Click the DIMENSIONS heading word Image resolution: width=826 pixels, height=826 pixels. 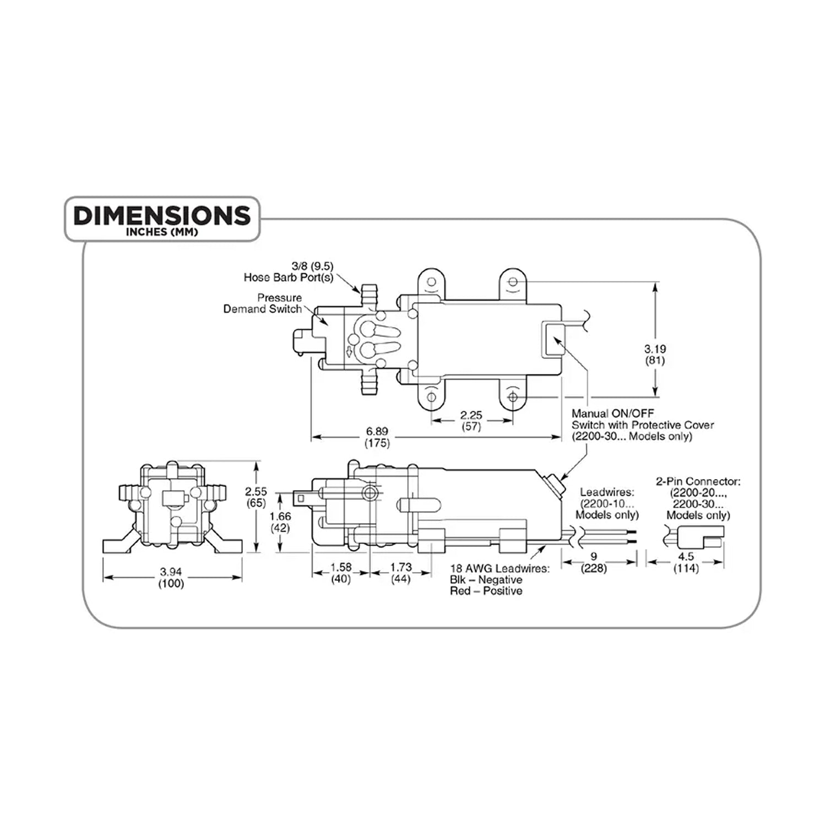[162, 215]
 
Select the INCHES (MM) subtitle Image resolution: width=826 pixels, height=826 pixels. [162, 232]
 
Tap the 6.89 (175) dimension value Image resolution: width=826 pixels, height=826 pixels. [377, 437]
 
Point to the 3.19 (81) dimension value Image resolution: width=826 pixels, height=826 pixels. [655, 355]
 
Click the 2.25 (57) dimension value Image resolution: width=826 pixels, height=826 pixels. [471, 421]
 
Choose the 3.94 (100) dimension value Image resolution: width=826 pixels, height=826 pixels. [171, 578]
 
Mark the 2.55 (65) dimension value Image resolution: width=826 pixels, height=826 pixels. [257, 497]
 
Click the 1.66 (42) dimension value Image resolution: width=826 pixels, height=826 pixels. [281, 522]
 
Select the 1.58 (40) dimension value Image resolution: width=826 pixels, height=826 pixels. [341, 573]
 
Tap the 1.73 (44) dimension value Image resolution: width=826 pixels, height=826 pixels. [401, 573]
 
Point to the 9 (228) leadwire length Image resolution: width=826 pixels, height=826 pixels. [594, 562]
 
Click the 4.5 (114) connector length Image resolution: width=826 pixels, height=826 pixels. [686, 562]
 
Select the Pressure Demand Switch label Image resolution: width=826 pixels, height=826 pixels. [263, 303]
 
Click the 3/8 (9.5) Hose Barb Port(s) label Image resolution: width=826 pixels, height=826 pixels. [289, 272]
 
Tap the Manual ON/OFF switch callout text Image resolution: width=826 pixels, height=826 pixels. [643, 425]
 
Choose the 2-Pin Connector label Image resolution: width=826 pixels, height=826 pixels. [698, 498]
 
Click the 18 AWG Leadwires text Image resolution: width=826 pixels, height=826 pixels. [499, 568]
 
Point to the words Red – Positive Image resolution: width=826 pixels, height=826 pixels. [486, 591]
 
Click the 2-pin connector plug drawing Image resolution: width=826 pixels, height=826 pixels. [700, 537]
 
